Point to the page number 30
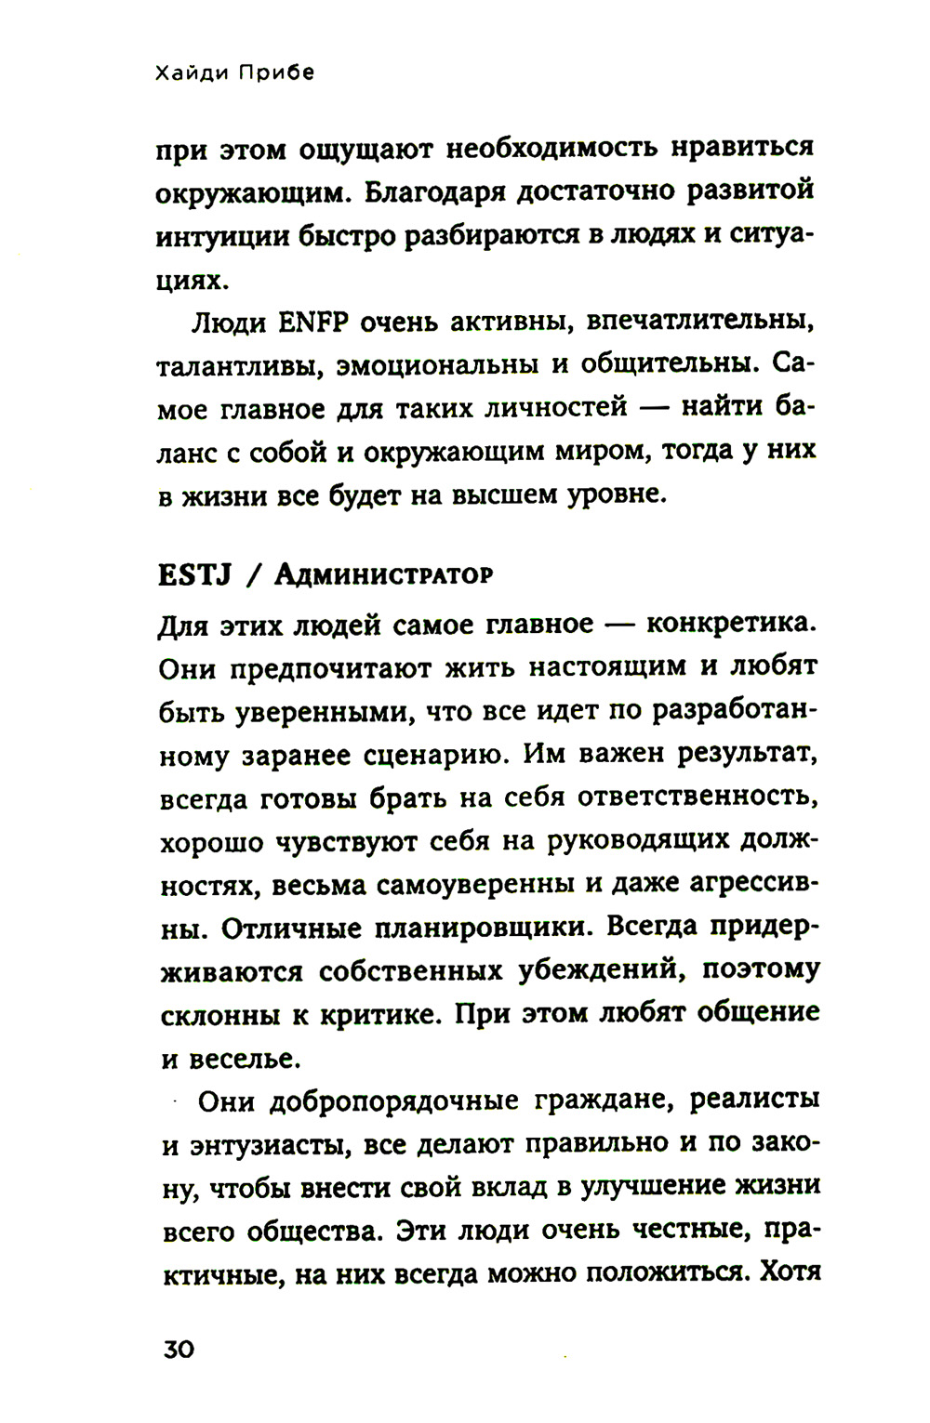click(x=179, y=1349)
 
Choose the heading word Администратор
click(x=383, y=575)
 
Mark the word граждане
click(x=598, y=1101)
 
